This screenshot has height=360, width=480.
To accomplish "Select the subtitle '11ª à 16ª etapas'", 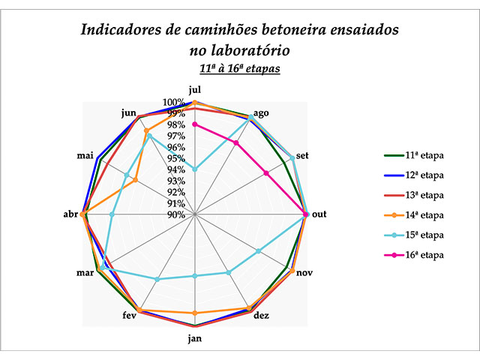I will pyautogui.click(x=239, y=69).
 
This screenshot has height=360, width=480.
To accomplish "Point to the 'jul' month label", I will pyautogui.click(x=195, y=90).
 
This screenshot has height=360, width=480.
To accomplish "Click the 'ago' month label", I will pyautogui.click(x=261, y=113).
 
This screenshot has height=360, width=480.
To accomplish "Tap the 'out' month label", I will pyautogui.click(x=319, y=214).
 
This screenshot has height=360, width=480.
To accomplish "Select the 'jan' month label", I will pyautogui.click(x=195, y=338).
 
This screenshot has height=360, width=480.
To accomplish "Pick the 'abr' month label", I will pyautogui.click(x=70, y=214).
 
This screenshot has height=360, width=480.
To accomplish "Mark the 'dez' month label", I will pyautogui.click(x=261, y=316).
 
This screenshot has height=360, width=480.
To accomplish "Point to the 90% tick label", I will pyautogui.click(x=177, y=214).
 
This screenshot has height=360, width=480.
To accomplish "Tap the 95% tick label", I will pyautogui.click(x=177, y=158).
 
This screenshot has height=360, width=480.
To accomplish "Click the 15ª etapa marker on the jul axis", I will pyautogui.click(x=195, y=169).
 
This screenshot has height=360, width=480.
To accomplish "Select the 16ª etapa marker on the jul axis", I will pyautogui.click(x=195, y=124).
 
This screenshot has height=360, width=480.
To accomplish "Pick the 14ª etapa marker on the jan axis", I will pyautogui.click(x=195, y=313).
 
